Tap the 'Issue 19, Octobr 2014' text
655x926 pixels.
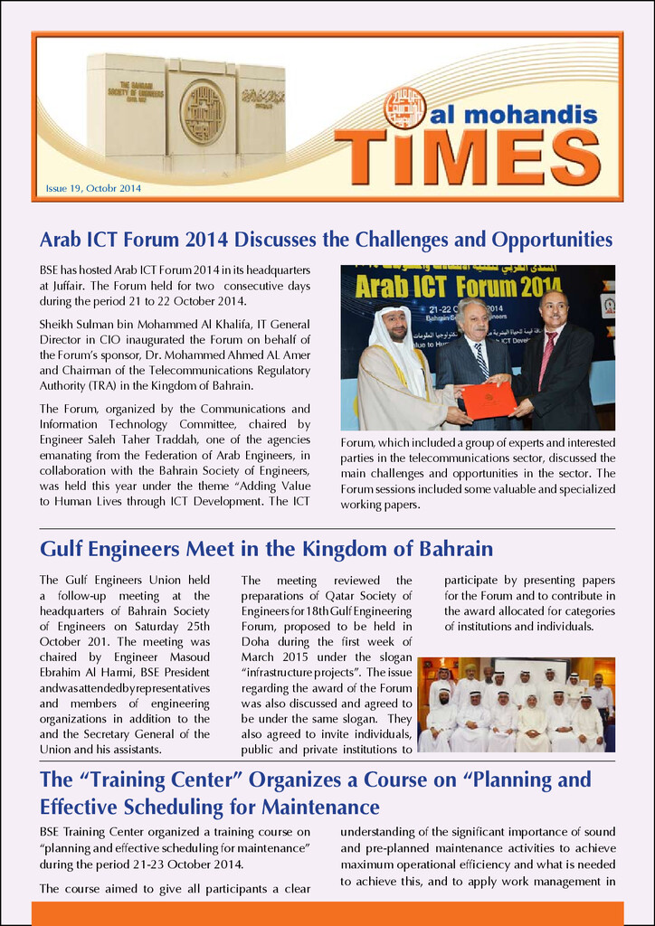point(93,189)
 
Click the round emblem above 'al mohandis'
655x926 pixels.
point(404,108)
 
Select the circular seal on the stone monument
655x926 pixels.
point(203,112)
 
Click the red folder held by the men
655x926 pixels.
point(489,399)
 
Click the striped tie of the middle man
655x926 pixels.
point(481,360)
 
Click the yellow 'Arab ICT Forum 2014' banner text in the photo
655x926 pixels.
point(459,287)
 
